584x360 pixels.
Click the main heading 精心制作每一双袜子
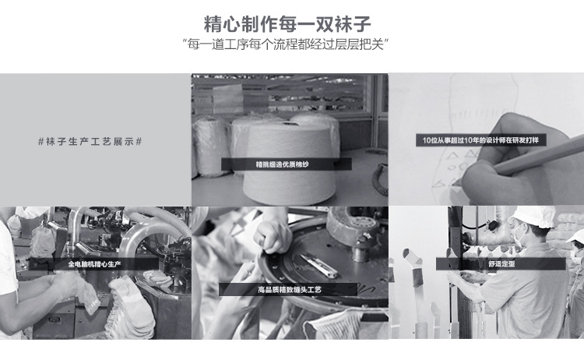click(287, 24)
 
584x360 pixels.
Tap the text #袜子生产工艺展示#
click(90, 142)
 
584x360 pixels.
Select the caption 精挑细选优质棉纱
click(283, 164)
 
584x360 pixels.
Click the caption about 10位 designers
click(480, 140)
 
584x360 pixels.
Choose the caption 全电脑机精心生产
click(94, 264)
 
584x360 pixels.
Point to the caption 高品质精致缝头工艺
click(290, 290)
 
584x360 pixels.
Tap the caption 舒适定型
click(501, 264)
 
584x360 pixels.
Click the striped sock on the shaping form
click(413, 266)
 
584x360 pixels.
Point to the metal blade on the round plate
click(318, 266)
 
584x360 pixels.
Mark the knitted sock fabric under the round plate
click(335, 325)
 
